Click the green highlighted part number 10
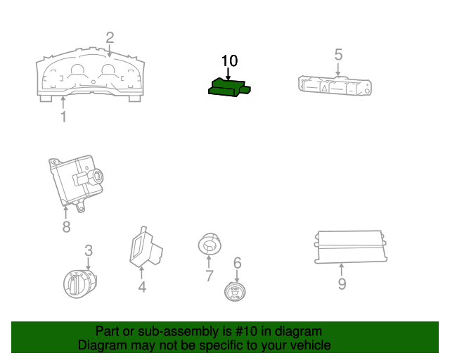[229, 88]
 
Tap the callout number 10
[230, 61]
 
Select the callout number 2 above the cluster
[110, 37]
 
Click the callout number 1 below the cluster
[64, 117]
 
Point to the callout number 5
[338, 54]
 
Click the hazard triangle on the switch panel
[325, 88]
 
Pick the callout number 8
[66, 227]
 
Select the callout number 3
[89, 250]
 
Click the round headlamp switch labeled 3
[80, 283]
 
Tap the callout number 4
[142, 287]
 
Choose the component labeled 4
[146, 247]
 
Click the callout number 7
[210, 276]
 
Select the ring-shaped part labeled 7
[210, 244]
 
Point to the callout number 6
[238, 263]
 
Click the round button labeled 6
[235, 292]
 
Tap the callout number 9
[342, 284]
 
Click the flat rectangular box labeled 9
[351, 247]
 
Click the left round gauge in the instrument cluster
[77, 70]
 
